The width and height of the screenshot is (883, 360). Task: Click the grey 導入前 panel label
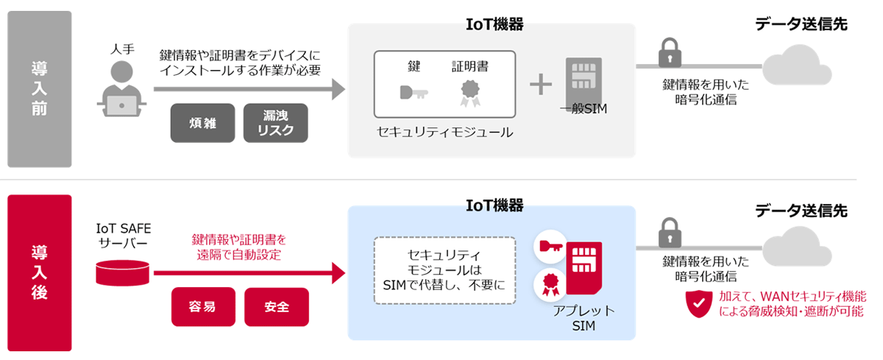39,89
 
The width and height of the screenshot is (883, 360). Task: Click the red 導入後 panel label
39,272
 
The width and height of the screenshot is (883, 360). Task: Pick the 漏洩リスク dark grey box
276,123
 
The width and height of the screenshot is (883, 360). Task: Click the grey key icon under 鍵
414,93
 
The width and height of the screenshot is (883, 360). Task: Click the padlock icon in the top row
668,53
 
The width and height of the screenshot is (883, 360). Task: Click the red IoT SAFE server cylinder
124,273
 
